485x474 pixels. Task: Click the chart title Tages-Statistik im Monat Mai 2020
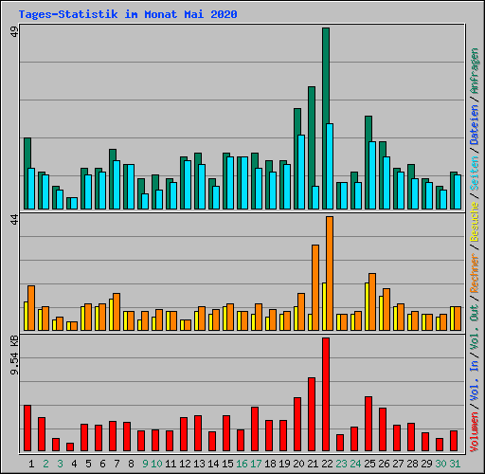point(128,14)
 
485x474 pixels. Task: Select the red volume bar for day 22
point(326,394)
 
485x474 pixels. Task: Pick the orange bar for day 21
point(315,287)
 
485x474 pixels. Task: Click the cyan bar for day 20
point(301,172)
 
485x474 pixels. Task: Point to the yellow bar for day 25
point(367,306)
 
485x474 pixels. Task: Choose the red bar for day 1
point(27,428)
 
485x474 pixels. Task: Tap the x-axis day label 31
point(455,464)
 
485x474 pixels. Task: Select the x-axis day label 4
point(74,464)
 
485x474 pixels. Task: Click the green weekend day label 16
point(242,464)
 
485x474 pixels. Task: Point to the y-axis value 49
point(14,31)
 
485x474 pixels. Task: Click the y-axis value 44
point(14,220)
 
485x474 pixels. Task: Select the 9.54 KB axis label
point(14,355)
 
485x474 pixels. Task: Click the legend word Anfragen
point(475,71)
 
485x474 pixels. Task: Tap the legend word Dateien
point(475,125)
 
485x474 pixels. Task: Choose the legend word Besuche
point(475,222)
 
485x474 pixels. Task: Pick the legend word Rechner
point(475,273)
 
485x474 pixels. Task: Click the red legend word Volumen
point(475,431)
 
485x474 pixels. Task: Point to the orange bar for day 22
point(330,273)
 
